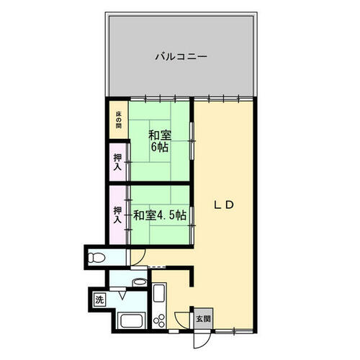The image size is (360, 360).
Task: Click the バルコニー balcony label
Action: [181, 57]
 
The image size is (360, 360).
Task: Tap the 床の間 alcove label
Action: [118, 120]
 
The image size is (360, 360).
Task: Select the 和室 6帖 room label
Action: [160, 141]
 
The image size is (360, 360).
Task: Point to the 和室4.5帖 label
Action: [160, 215]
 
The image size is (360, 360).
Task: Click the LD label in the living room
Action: [224, 204]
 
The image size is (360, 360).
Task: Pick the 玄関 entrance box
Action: [203, 319]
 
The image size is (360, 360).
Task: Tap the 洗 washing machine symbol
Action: [99, 300]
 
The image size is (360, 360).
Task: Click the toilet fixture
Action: [96, 258]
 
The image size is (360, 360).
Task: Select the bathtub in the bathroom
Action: [132, 321]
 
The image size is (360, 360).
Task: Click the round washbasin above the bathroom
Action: [140, 282]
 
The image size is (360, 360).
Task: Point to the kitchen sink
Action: [159, 293]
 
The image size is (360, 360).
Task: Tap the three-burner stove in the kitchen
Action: [159, 320]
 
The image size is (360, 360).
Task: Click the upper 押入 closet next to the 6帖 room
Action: [117, 162]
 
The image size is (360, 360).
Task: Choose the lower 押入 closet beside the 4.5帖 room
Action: [117, 215]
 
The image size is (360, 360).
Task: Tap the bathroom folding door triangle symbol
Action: [122, 295]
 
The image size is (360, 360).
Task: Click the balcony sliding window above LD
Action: [224, 99]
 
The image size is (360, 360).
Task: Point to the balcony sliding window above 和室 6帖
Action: [160, 99]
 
